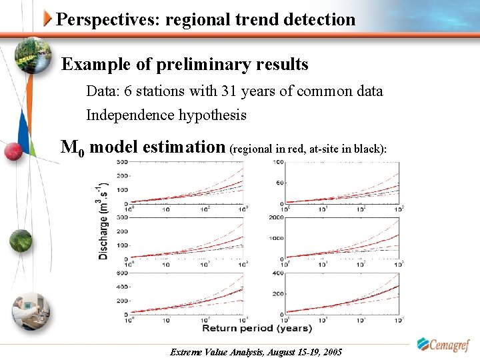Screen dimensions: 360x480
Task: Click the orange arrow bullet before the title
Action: coord(48,19)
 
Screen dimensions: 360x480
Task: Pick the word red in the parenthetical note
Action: coord(294,149)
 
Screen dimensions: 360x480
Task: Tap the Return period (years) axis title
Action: coord(257,328)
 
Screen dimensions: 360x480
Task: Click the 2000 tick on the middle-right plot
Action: coord(276,217)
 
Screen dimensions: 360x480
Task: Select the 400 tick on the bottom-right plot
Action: coord(277,273)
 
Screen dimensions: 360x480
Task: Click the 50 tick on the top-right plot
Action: coord(279,182)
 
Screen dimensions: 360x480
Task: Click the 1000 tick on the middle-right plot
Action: coord(276,237)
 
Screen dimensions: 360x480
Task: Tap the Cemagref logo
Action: coord(443,344)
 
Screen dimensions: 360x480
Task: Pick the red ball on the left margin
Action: coord(13,151)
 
